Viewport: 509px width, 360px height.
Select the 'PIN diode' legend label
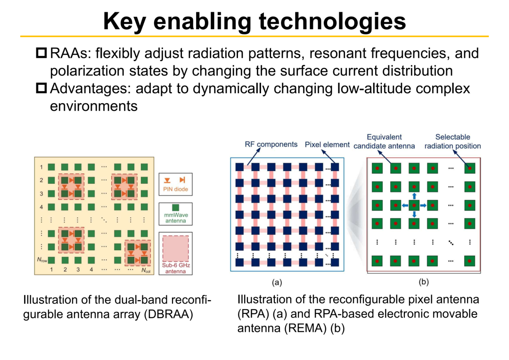tap(175, 189)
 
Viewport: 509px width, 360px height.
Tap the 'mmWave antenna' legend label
tap(176, 218)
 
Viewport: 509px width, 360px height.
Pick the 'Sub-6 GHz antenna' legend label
tap(176, 268)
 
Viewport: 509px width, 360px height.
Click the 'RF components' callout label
tap(271, 144)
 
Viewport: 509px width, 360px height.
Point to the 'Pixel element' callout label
tap(327, 145)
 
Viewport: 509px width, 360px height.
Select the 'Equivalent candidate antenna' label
tap(384, 141)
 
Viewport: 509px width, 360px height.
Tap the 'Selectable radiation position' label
tap(452, 141)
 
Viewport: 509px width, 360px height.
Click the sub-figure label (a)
tap(277, 282)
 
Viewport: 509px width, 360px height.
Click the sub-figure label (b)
tap(424, 282)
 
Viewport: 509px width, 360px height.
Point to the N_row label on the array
tap(42, 260)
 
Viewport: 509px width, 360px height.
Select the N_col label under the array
tap(146, 270)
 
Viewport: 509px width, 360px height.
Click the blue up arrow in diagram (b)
tap(414, 196)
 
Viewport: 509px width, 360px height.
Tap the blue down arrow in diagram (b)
tap(414, 214)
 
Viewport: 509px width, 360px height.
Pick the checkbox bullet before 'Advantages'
tap(41, 88)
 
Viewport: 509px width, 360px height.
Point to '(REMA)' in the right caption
tap(305, 328)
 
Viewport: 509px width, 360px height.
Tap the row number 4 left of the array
tap(41, 207)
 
